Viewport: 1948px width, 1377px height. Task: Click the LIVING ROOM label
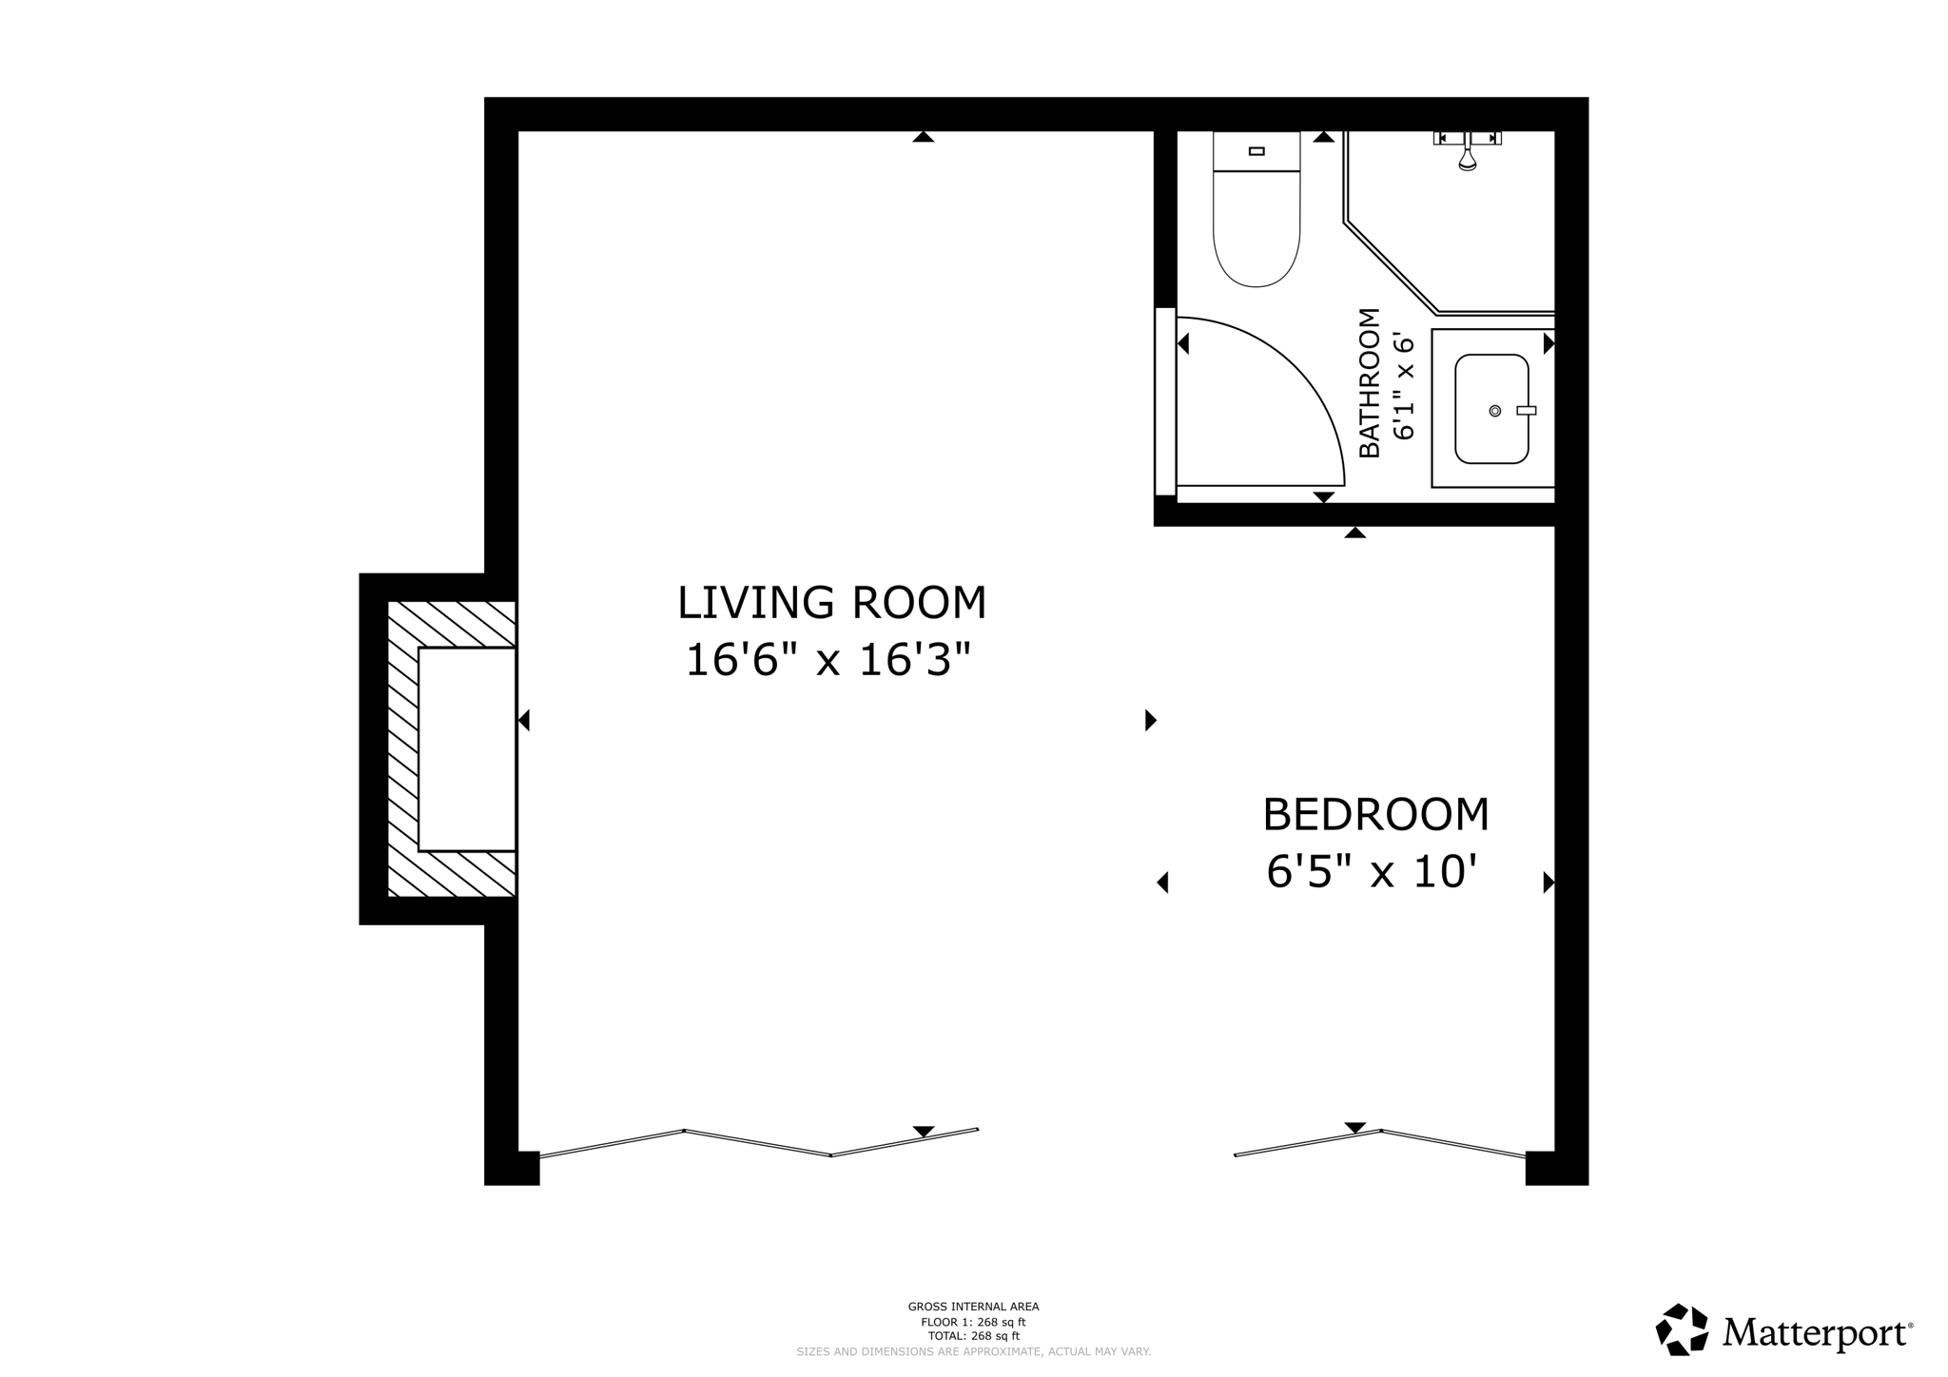(831, 603)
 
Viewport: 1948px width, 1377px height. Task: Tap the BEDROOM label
(1374, 815)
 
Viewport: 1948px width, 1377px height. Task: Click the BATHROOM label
(1369, 382)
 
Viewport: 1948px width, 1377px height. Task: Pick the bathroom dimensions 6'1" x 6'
(1404, 385)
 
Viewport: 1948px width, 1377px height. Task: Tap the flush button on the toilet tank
(1256, 151)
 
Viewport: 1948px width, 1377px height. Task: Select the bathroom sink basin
(1490, 409)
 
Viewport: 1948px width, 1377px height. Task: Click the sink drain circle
(1494, 411)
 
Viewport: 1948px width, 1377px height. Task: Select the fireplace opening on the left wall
(466, 749)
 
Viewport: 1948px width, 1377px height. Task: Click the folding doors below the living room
(758, 1142)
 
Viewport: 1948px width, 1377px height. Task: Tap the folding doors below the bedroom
(1379, 1142)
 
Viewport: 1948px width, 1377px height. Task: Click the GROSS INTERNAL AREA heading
(973, 1307)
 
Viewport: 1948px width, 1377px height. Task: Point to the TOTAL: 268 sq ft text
(973, 1336)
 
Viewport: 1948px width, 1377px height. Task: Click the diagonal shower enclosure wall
(1390, 267)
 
